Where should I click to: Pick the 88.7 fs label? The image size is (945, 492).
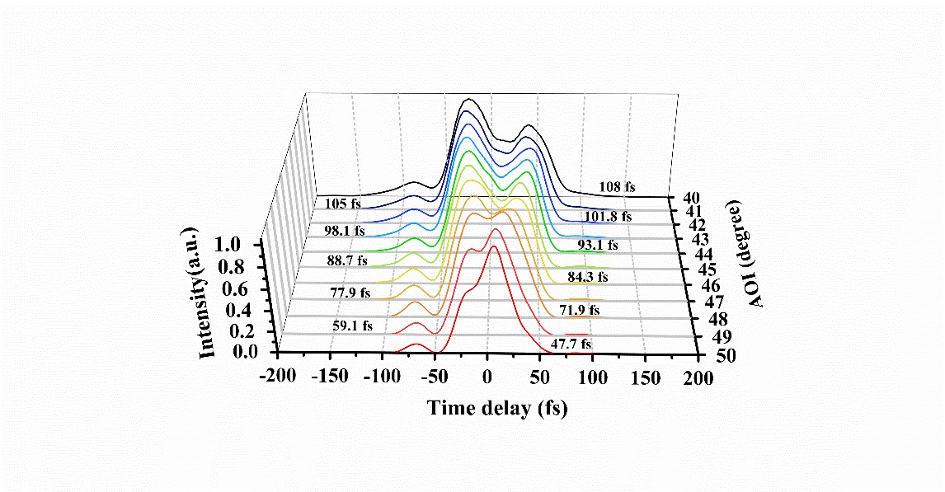(x=346, y=260)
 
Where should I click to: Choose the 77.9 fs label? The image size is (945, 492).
(x=350, y=292)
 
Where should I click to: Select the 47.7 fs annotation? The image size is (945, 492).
(x=571, y=344)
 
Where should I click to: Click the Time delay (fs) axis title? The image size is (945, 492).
(x=496, y=408)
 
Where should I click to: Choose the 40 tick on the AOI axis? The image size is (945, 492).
(x=690, y=198)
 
